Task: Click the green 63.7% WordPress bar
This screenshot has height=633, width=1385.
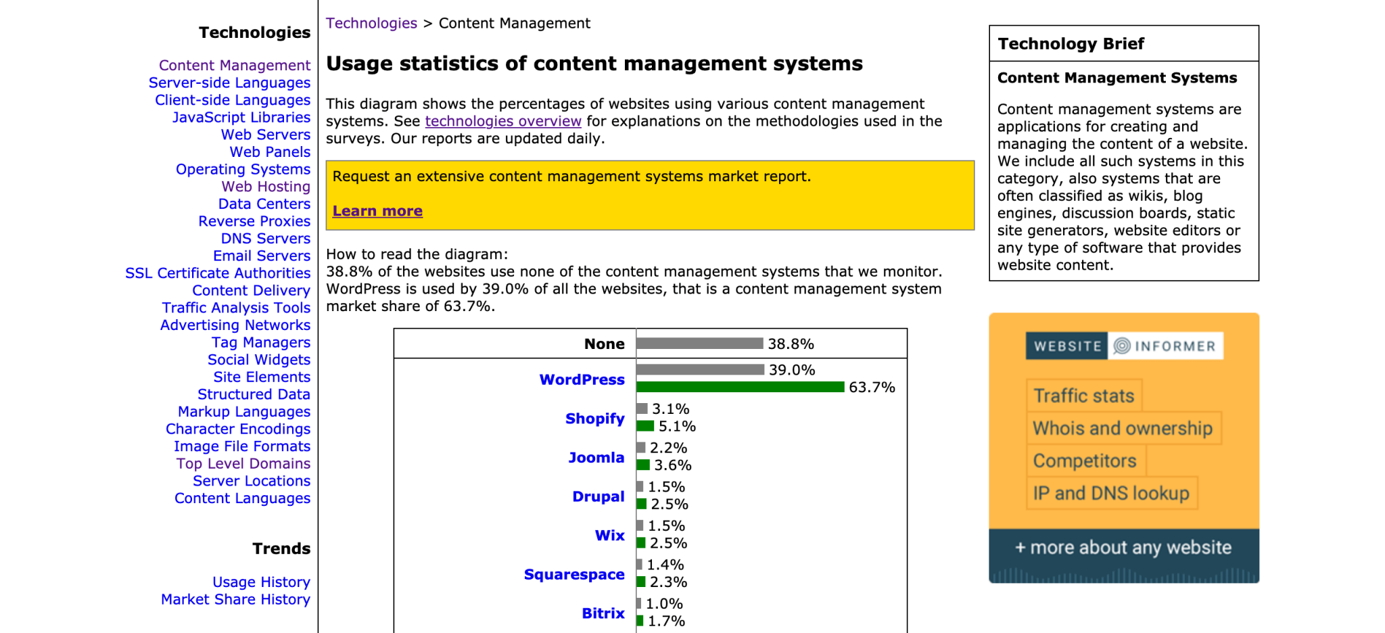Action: tap(740, 387)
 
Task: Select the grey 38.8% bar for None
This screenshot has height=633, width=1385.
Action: tap(699, 344)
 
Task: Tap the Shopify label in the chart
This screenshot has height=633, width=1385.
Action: tap(594, 419)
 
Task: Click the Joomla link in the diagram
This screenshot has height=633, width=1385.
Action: tap(596, 458)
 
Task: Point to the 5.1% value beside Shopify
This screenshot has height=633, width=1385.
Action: tap(677, 427)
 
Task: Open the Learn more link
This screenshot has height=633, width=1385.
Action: tap(377, 211)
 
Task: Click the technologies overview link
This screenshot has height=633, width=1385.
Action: tap(502, 121)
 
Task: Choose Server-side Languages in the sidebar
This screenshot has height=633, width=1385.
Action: tap(229, 83)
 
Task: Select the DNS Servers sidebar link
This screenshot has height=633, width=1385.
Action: tap(265, 239)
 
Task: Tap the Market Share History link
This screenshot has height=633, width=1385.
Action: tap(235, 600)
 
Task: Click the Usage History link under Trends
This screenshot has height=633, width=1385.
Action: tap(261, 582)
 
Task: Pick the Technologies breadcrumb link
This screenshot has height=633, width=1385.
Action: tap(371, 23)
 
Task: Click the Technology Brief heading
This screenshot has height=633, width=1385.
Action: tap(1071, 44)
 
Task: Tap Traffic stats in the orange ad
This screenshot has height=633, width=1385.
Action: tap(1083, 396)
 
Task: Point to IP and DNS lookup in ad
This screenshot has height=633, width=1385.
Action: tap(1110, 494)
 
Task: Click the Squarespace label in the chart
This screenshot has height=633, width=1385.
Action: tap(574, 575)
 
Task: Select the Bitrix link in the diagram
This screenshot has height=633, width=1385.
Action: tap(603, 613)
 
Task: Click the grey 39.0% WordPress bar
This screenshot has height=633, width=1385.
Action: tap(700, 369)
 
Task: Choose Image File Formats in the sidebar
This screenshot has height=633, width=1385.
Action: tap(241, 446)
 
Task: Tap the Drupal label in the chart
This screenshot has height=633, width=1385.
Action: tap(598, 496)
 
